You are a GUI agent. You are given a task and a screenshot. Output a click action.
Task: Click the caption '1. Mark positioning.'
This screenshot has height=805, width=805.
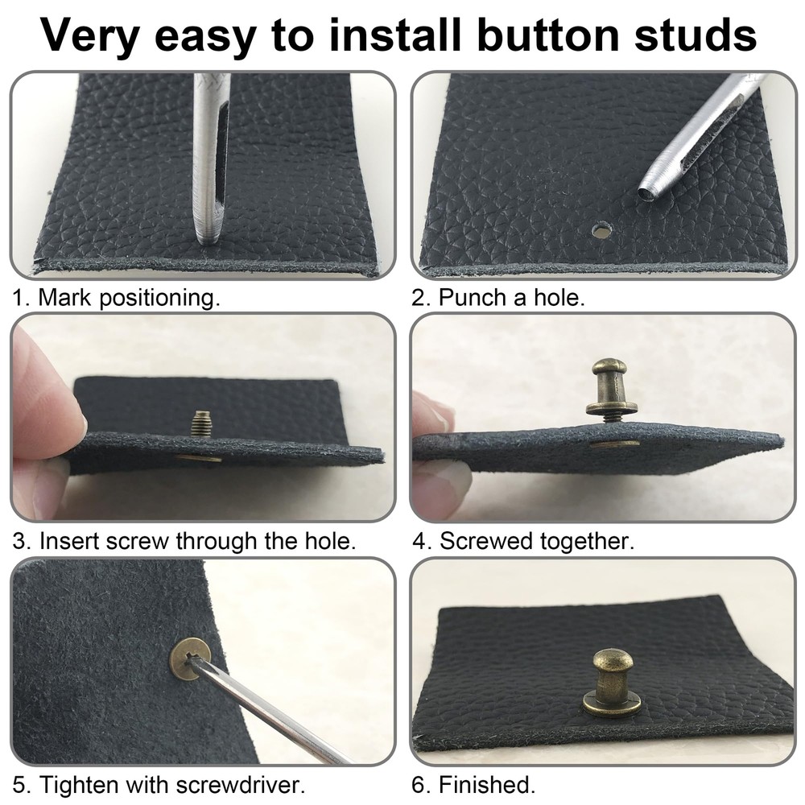tap(116, 298)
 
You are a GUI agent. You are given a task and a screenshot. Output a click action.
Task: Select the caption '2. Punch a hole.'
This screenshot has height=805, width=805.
tap(498, 298)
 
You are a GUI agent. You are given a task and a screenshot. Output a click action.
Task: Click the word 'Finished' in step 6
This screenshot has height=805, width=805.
tap(490, 782)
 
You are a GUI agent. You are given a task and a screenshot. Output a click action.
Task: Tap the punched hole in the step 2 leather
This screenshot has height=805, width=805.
tap(600, 231)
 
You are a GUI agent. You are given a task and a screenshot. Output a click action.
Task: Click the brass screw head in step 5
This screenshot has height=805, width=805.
tap(190, 658)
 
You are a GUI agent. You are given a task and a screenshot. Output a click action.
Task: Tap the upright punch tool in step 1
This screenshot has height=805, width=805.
tap(211, 161)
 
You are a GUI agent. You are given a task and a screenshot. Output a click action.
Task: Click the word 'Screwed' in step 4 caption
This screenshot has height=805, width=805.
tap(483, 541)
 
